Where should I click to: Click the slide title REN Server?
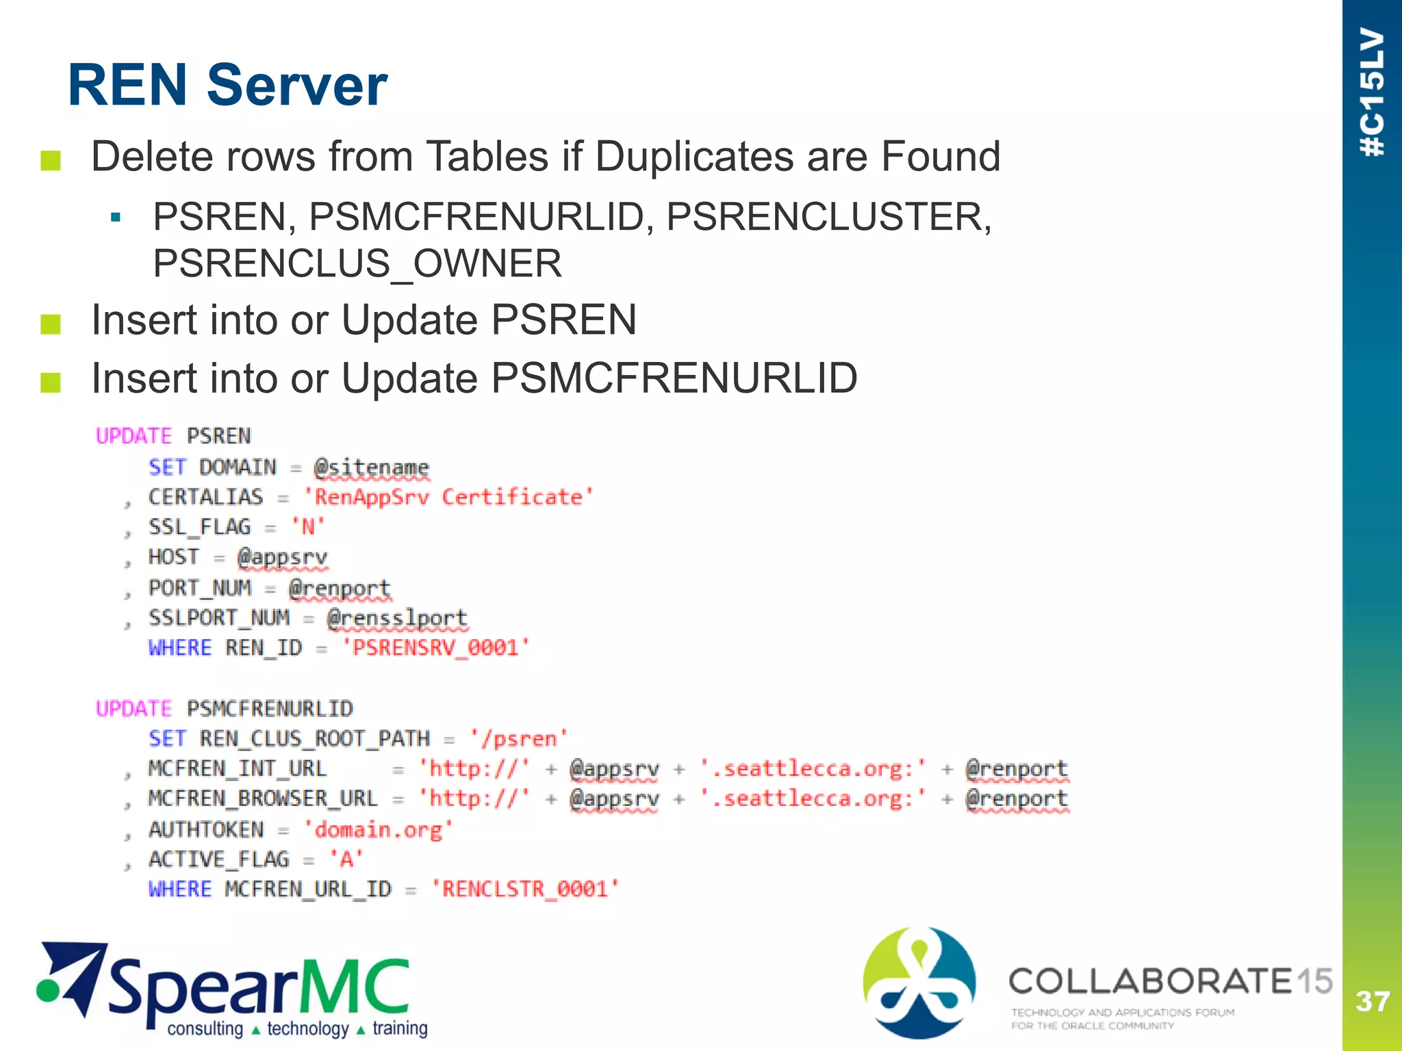[227, 86]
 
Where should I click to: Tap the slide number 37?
[1372, 1002]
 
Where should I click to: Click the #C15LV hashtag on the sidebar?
[1372, 92]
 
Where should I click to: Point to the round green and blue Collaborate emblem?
[919, 983]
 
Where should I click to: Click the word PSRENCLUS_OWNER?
[357, 263]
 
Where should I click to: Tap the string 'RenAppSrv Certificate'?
[448, 497]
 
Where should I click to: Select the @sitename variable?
[371, 467]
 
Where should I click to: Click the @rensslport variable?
[397, 618]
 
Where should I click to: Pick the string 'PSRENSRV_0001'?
[436, 647]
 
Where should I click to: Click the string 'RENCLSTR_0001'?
[525, 889]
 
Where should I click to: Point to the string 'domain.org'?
[378, 829]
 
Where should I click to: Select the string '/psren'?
[519, 739]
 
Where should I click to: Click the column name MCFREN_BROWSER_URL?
[263, 799]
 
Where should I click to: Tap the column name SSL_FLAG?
[199, 527]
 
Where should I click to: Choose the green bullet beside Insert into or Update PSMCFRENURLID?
[51, 382]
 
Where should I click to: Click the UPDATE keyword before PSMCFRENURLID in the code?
[133, 709]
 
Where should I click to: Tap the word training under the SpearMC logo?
[400, 1028]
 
